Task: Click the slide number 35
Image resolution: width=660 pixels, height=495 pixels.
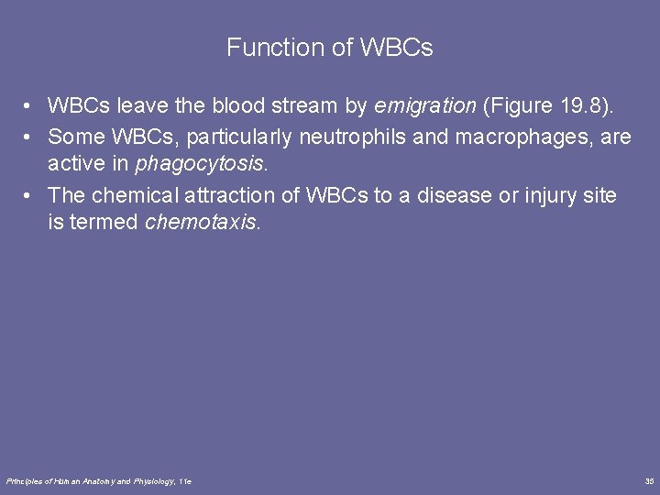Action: click(649, 480)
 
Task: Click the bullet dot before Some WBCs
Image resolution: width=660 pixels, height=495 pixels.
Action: click(30, 137)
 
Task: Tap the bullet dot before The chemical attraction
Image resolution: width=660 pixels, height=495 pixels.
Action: click(30, 195)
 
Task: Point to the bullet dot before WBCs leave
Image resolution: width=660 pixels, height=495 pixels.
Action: click(30, 107)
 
